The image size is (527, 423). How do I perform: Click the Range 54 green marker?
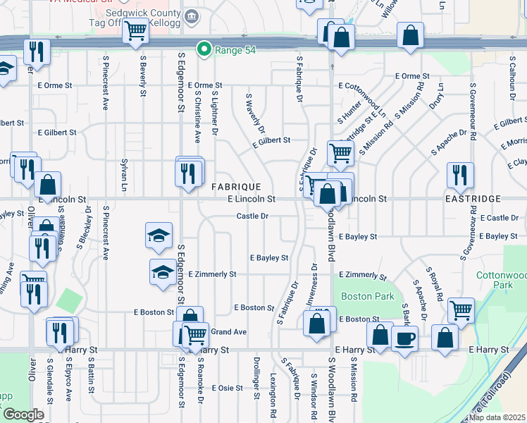(204, 49)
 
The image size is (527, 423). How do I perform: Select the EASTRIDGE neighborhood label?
(473, 200)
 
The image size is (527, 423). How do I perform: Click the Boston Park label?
(368, 297)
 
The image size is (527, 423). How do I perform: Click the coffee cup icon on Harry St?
(404, 340)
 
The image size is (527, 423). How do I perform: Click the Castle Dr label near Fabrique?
(252, 216)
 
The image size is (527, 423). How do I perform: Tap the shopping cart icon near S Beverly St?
(134, 31)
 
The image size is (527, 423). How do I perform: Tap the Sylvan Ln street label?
(123, 179)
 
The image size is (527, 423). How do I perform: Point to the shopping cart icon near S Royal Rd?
(461, 309)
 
